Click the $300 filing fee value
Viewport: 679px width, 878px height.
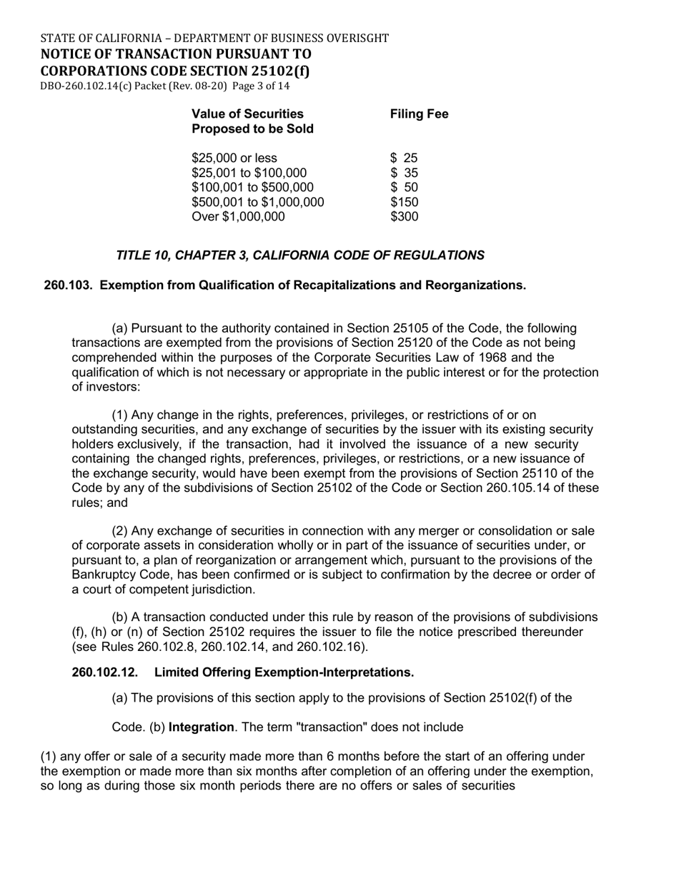404,216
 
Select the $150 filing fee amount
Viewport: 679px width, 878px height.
404,202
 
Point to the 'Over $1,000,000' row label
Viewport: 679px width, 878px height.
238,216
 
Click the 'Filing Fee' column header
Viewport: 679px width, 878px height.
419,114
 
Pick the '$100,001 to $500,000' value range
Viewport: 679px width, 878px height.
252,187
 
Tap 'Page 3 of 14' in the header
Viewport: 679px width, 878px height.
261,86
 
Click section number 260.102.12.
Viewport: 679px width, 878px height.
104,672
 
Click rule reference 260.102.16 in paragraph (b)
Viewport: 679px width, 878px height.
336,647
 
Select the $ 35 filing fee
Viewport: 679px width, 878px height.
404,173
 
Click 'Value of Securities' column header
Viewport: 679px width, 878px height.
247,114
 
